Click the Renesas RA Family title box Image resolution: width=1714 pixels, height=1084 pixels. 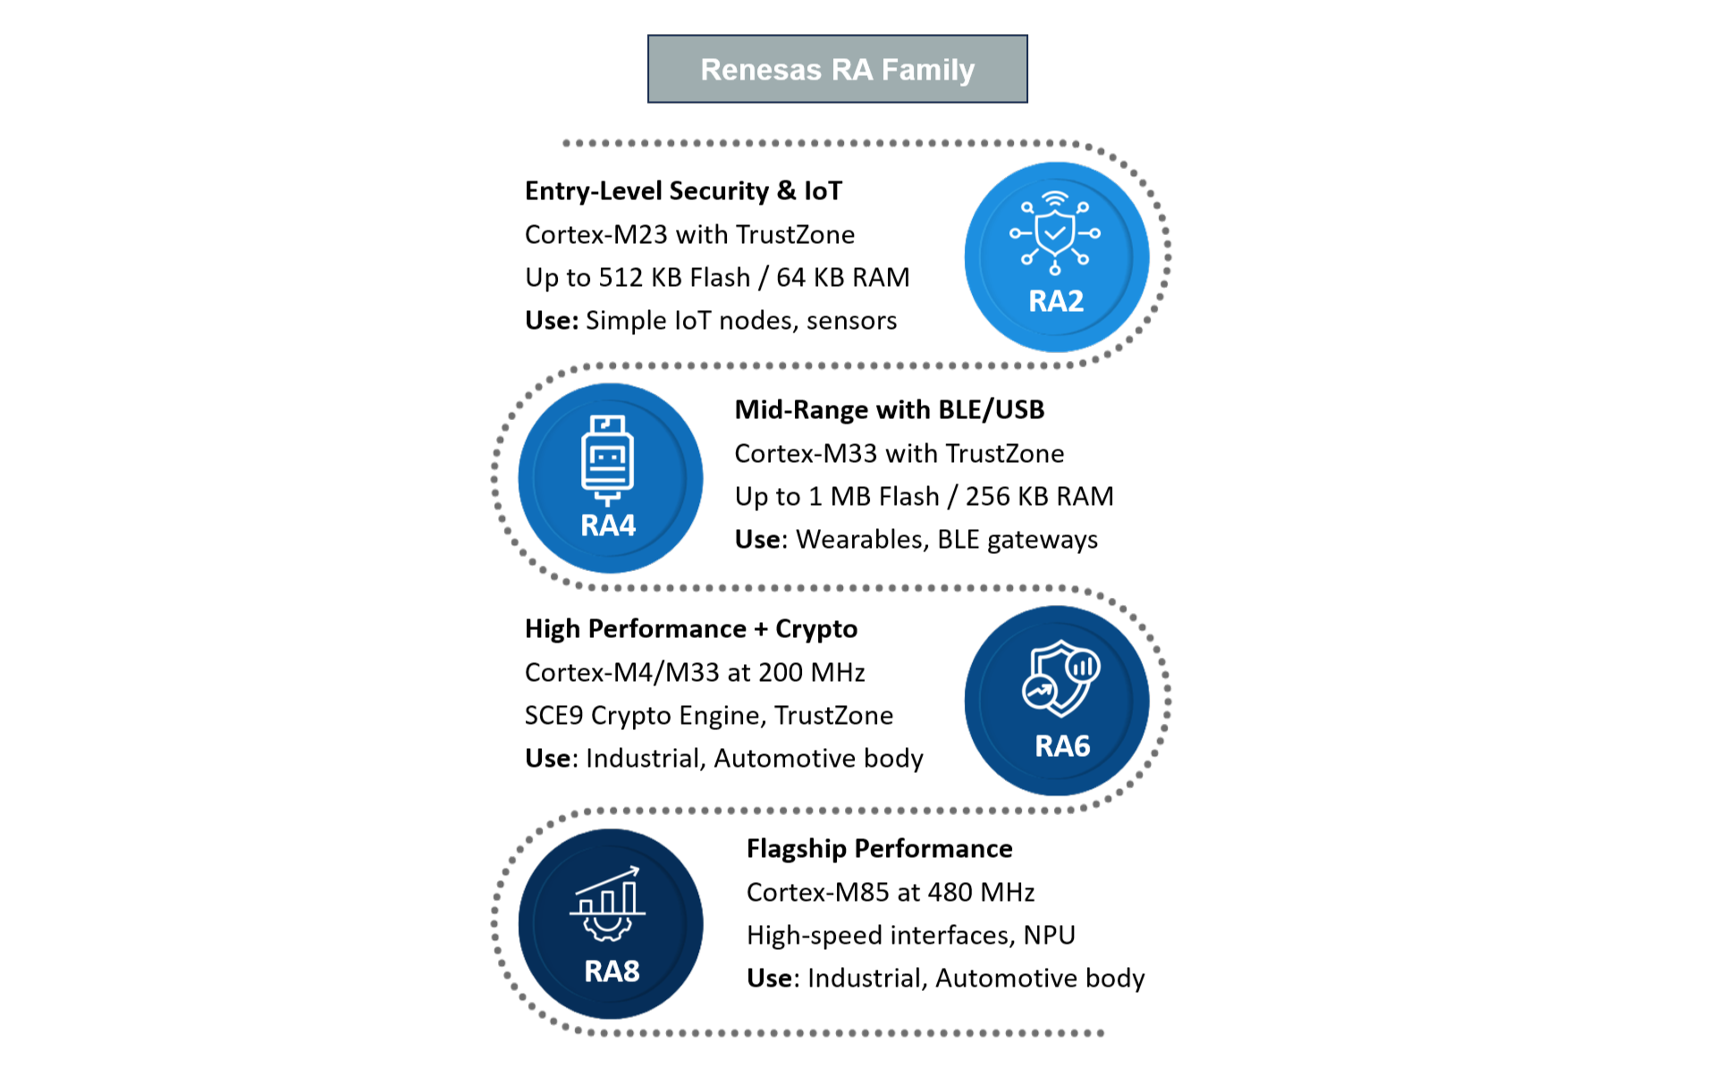tap(837, 69)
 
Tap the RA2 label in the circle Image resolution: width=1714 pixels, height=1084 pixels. tap(1056, 301)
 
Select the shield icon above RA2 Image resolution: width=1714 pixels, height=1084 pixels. tap(1055, 232)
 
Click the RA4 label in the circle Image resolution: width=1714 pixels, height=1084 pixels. tap(608, 525)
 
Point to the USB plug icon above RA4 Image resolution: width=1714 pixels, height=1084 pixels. tap(608, 460)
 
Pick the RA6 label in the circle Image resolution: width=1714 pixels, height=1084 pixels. tap(1062, 746)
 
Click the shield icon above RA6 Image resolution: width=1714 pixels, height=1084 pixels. tap(1061, 678)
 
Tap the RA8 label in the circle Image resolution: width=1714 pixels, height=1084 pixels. tap(612, 971)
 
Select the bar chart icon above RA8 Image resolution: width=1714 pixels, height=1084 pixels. tap(608, 903)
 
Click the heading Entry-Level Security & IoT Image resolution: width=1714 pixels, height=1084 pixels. tap(683, 190)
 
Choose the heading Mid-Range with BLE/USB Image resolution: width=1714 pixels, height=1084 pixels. tap(890, 409)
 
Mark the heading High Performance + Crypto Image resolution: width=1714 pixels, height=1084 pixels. tap(691, 629)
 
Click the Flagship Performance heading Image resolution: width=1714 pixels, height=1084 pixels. tap(880, 848)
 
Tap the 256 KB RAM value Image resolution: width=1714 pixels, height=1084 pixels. tap(1040, 496)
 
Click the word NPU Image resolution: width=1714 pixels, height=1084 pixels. tap(1050, 935)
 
